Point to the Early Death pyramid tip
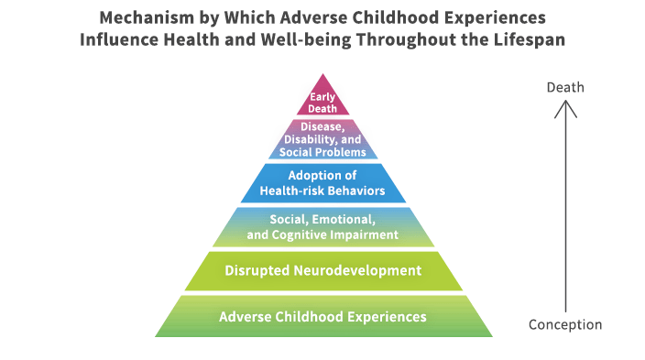(x=322, y=102)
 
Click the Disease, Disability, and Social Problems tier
(x=322, y=140)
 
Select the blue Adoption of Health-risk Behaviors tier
(x=322, y=183)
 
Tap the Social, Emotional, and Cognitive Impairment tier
(x=322, y=227)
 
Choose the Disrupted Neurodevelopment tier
(x=322, y=271)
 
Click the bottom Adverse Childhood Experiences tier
(x=322, y=317)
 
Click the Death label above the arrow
(x=565, y=88)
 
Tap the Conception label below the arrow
(x=565, y=324)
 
